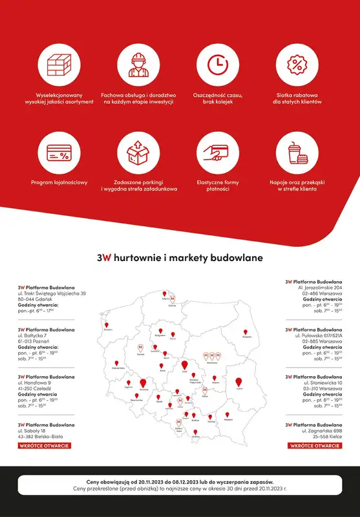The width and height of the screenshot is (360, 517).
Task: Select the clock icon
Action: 218,65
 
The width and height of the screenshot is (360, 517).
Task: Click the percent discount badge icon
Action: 297,65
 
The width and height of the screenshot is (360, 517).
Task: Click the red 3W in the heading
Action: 104,257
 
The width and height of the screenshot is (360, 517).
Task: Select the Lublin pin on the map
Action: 239,382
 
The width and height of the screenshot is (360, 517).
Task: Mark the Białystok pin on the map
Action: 246,330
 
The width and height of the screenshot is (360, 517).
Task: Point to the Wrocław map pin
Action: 143,383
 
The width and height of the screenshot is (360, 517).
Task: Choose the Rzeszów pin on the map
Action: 228,414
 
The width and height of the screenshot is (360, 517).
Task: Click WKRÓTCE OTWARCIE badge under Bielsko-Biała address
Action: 45,445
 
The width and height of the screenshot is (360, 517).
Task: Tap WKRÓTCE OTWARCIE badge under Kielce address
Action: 315,445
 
